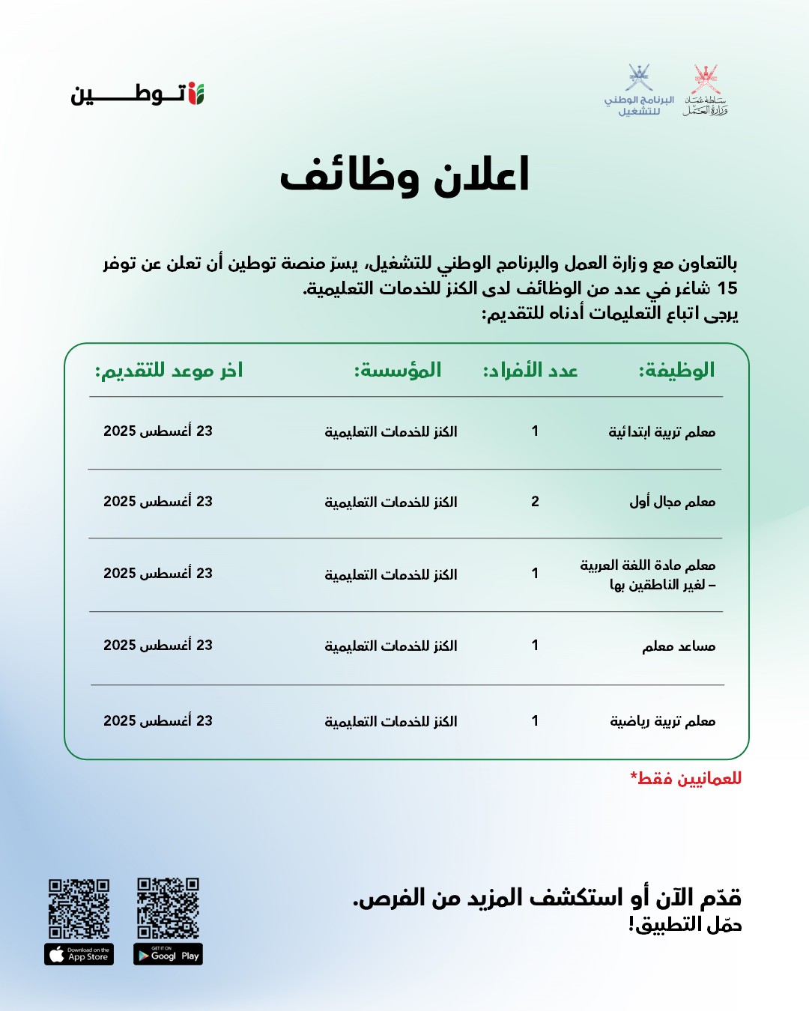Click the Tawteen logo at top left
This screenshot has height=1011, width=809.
[x=138, y=94]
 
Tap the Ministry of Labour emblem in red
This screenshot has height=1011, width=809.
[x=706, y=91]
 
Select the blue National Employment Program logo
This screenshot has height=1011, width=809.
[x=639, y=91]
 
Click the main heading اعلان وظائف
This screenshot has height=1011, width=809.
[x=404, y=176]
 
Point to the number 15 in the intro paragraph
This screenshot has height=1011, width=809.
[x=727, y=288]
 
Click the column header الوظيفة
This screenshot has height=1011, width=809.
[x=676, y=370]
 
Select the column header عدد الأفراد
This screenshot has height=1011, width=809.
[x=530, y=370]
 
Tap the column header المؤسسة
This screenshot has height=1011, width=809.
[x=398, y=370]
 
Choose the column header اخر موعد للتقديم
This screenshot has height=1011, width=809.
[x=169, y=370]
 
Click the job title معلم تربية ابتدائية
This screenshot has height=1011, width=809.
[x=662, y=432]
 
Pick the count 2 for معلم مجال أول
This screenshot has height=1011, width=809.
[x=535, y=502]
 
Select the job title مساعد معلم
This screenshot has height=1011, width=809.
[x=679, y=646]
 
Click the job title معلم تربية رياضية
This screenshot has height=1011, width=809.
[x=663, y=721]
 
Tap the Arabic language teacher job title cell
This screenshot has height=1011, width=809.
[x=648, y=574]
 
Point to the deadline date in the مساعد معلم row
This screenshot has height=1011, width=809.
[x=158, y=646]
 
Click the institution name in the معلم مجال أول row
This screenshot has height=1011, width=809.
[x=390, y=502]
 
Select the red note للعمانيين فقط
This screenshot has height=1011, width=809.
[x=686, y=778]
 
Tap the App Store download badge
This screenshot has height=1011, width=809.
[x=79, y=954]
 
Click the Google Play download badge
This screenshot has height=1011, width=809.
[x=168, y=954]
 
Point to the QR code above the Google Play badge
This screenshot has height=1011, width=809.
[x=168, y=908]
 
